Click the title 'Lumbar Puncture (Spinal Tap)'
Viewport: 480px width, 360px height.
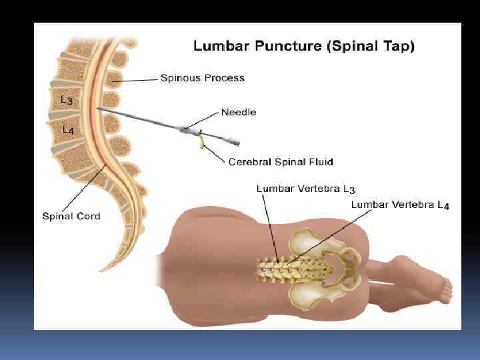tap(303, 47)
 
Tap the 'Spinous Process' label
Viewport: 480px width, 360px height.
tap(203, 78)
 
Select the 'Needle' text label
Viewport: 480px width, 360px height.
tap(239, 112)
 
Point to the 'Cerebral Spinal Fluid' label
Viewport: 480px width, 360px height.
tap(281, 162)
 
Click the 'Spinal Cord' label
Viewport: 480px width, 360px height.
tap(71, 216)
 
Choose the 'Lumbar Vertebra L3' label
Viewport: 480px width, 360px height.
tap(306, 189)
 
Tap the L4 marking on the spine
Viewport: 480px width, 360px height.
tap(68, 131)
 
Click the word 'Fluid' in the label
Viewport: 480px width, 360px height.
tap(320, 162)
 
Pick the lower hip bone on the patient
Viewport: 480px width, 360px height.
tap(319, 294)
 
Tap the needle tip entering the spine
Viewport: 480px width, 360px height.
tap(99, 109)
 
